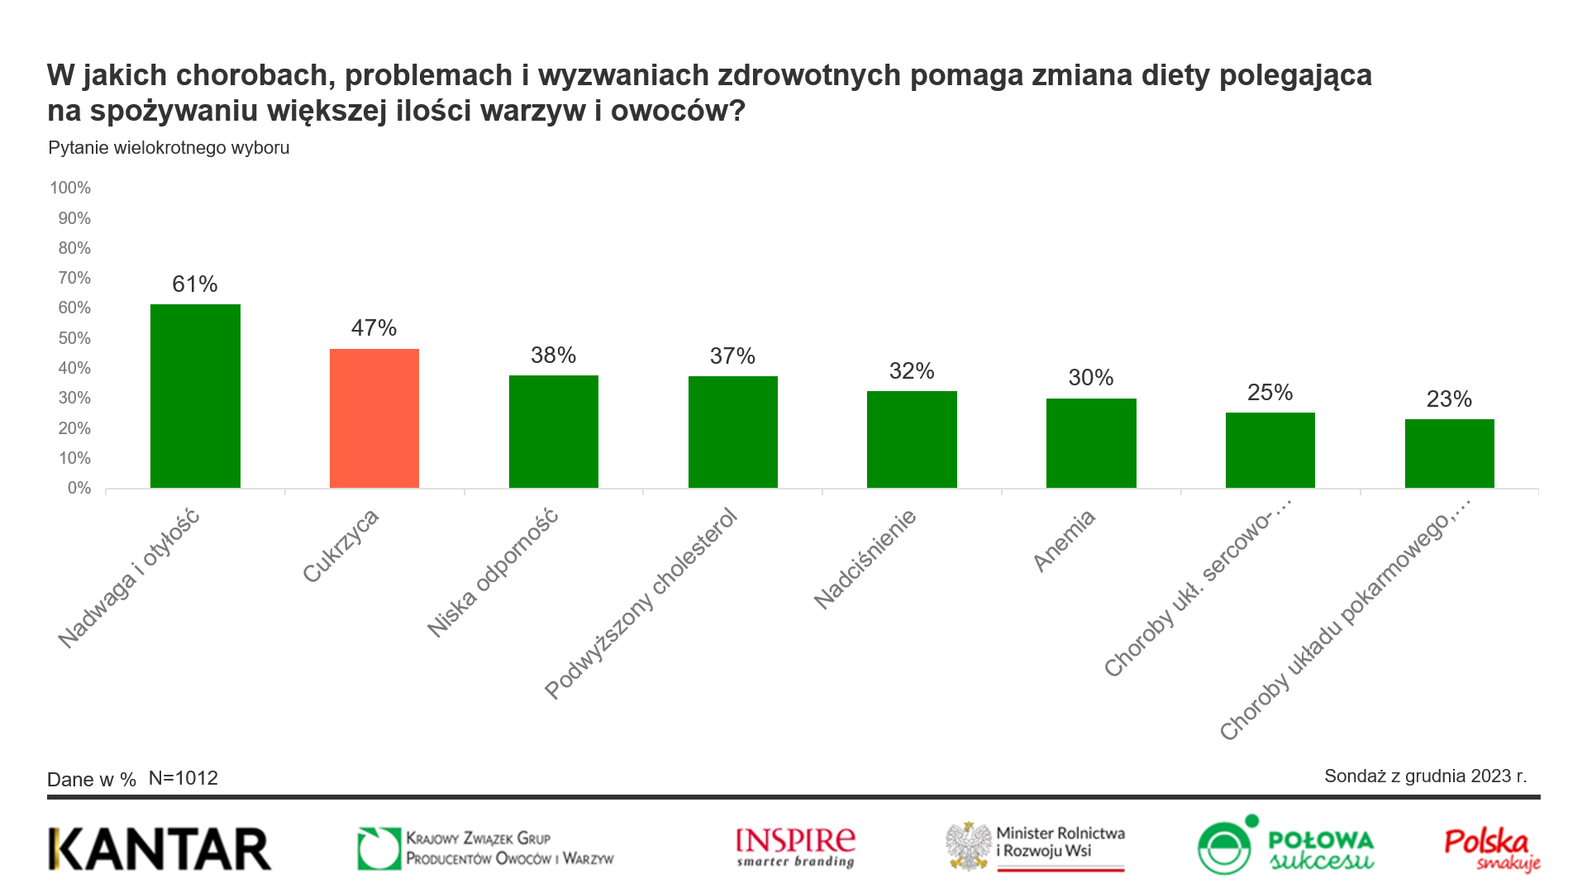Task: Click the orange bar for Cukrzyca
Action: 374,418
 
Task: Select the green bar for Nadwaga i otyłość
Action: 195,396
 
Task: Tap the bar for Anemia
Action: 1091,443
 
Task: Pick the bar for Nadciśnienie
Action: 912,439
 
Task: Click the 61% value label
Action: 195,284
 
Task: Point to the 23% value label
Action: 1449,399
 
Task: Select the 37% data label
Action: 732,356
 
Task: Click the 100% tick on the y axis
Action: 70,188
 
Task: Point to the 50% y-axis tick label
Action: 74,338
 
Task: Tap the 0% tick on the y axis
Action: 79,489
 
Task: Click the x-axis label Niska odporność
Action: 493,574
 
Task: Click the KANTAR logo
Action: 160,849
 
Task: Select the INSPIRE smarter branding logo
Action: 795,848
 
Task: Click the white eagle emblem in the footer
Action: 969,846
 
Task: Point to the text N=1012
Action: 183,778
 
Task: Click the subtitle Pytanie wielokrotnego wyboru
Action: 169,148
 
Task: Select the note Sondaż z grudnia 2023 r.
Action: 1425,776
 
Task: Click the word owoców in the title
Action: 678,111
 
